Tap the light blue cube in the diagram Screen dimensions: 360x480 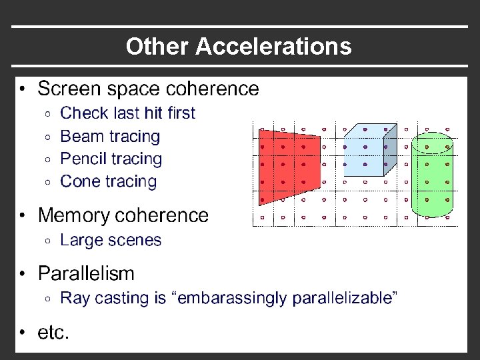pyautogui.click(x=363, y=157)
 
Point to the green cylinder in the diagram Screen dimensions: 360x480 pyautogui.click(x=431, y=177)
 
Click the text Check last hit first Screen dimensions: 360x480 pyautogui.click(x=127, y=113)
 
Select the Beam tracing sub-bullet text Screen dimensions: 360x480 pyautogui.click(x=110, y=137)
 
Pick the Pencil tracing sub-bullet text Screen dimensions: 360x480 pyautogui.click(x=111, y=159)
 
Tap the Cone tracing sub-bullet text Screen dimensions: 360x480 pyautogui.click(x=108, y=181)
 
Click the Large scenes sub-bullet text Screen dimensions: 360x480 pyautogui.click(x=111, y=240)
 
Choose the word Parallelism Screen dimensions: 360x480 pyautogui.click(x=86, y=273)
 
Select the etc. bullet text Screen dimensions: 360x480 pyautogui.click(x=53, y=333)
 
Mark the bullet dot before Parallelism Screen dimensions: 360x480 pyautogui.click(x=23, y=274)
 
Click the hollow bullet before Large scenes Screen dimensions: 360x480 pyautogui.click(x=47, y=241)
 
